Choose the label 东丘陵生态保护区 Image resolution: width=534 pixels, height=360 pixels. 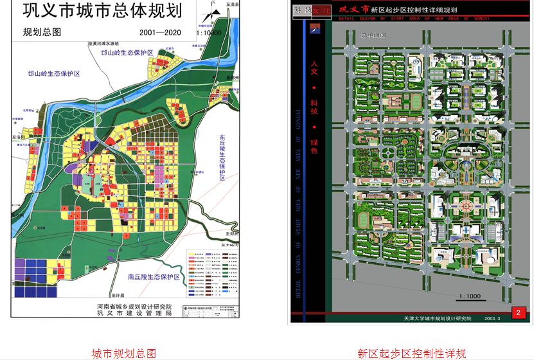point(222,157)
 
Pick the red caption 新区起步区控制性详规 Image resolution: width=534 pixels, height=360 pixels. point(411,353)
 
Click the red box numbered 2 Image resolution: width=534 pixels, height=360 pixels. point(517,313)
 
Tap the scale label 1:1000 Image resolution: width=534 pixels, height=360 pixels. point(469,296)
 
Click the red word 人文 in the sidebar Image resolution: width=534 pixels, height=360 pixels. point(314,65)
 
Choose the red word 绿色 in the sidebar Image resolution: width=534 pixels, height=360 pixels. point(314,146)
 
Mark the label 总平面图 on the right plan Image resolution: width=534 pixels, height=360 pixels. point(373,36)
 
